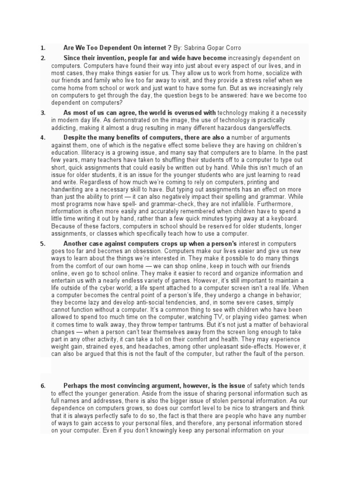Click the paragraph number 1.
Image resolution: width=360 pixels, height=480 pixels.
click(43, 48)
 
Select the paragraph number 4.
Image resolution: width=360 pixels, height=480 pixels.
click(43, 137)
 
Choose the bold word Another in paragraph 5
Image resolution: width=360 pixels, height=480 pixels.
click(77, 244)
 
